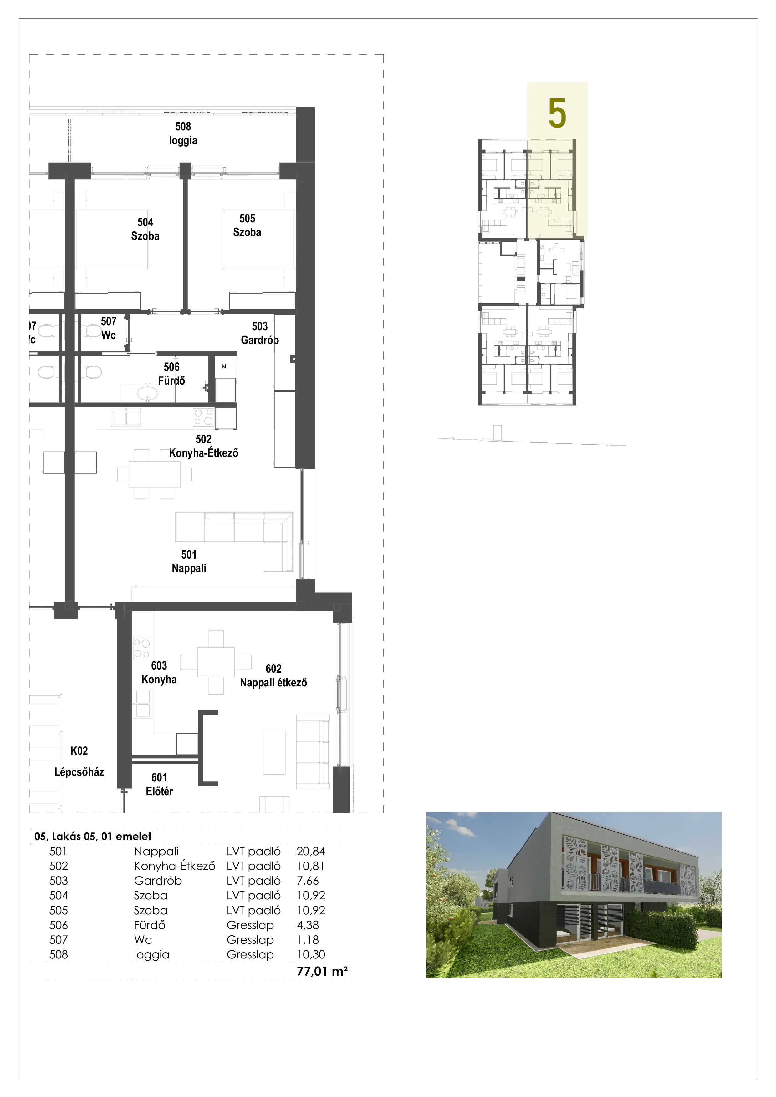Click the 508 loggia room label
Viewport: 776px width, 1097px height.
(x=183, y=133)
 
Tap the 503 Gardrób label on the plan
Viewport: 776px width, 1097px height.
(x=260, y=333)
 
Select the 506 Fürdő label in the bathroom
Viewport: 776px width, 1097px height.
(x=172, y=374)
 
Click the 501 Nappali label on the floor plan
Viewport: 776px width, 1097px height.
(x=189, y=561)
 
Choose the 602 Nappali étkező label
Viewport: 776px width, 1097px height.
(x=273, y=675)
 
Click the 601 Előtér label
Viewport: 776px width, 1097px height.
(x=159, y=784)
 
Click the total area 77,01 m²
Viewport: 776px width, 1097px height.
(x=322, y=971)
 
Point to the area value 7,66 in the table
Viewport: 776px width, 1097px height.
(x=308, y=881)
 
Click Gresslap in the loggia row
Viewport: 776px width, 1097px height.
(x=250, y=955)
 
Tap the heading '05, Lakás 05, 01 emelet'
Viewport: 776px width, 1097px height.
(x=93, y=836)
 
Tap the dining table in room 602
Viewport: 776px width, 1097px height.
(x=216, y=662)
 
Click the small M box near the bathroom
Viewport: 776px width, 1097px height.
(x=224, y=367)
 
